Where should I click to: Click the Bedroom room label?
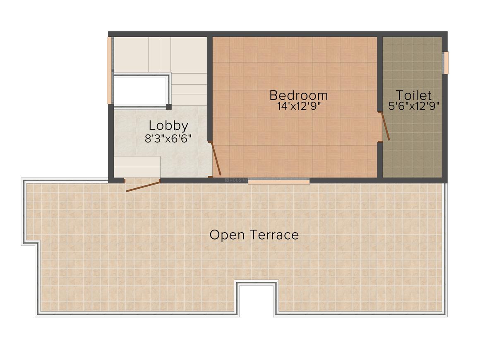(x=298, y=95)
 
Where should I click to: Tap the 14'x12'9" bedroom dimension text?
(x=299, y=106)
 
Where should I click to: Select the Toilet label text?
(x=413, y=95)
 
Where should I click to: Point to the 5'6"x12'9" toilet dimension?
(x=414, y=106)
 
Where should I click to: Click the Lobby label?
(x=168, y=125)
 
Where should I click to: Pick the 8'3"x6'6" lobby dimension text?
(x=169, y=139)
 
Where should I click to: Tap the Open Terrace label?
(x=254, y=235)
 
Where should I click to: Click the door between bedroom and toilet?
(x=385, y=126)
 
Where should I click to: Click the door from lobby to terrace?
(x=142, y=186)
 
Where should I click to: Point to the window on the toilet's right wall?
(x=446, y=62)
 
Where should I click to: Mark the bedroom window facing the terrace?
(x=279, y=181)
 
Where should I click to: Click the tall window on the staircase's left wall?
(x=109, y=70)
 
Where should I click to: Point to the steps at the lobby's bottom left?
(x=137, y=167)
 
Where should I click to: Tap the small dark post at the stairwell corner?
(x=168, y=107)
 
